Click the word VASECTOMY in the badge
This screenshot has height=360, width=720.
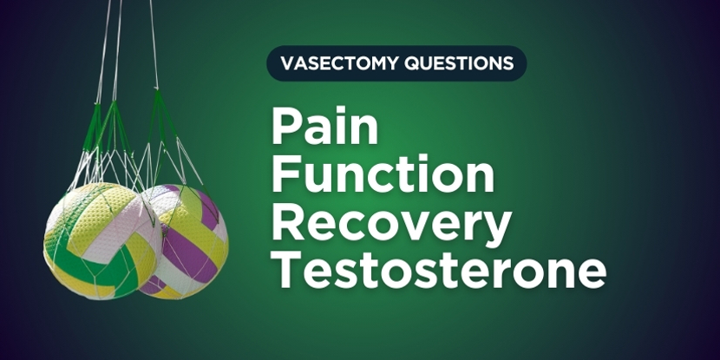(339, 63)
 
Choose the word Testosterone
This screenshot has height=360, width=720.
(439, 271)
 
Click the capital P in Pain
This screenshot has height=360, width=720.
(285, 127)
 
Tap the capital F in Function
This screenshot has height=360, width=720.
(285, 175)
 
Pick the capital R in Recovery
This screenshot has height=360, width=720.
(287, 224)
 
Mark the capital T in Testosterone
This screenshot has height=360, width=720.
(287, 272)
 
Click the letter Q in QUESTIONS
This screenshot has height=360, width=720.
(411, 64)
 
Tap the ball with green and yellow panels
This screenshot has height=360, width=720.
(102, 240)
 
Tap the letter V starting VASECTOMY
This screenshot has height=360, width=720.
(287, 64)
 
